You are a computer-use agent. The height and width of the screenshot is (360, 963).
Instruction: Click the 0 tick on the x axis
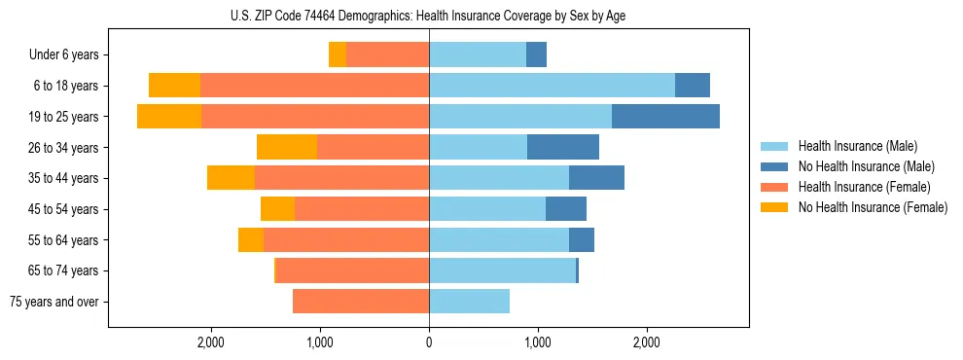tap(429, 342)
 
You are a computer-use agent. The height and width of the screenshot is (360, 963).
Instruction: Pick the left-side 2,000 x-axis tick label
tap(211, 342)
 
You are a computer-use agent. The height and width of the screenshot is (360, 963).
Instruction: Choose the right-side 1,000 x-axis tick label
tap(538, 342)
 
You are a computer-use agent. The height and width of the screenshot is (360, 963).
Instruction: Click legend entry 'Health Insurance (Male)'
tap(853, 146)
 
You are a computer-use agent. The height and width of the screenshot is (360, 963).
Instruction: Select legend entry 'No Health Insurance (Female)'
tap(873, 207)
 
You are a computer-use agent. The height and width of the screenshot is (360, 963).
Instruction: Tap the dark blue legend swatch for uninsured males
tap(775, 166)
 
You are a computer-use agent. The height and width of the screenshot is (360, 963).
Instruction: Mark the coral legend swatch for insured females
tap(775, 187)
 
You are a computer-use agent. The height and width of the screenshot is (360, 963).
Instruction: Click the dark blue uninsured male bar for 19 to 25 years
tap(665, 116)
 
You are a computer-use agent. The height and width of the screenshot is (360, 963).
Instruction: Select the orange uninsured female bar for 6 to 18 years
tap(174, 86)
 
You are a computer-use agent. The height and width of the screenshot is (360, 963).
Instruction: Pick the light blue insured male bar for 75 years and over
tap(469, 302)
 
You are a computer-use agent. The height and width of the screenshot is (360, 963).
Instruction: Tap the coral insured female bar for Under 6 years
tap(387, 54)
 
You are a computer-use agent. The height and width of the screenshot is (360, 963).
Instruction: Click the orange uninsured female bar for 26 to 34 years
tap(287, 147)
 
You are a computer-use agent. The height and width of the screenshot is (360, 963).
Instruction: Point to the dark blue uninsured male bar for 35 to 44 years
tap(596, 178)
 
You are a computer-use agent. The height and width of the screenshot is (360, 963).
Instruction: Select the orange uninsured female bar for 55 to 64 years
tap(251, 239)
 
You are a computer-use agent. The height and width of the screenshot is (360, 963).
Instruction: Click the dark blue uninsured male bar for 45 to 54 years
tap(566, 208)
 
